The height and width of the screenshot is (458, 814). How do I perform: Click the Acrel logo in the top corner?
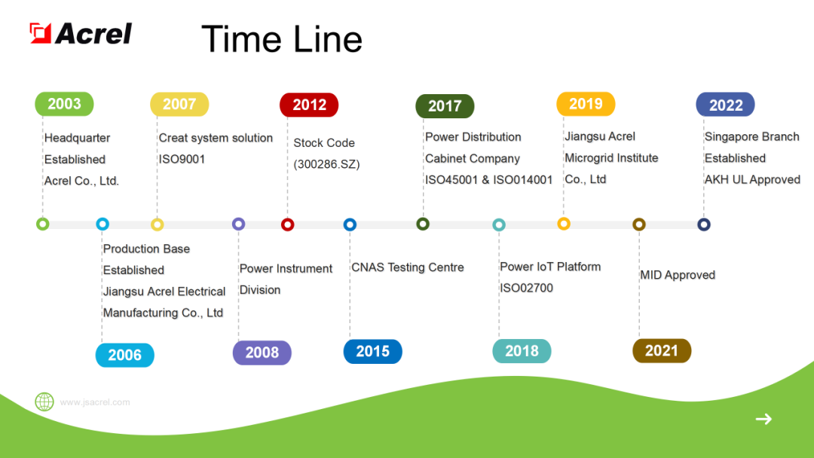pos(81,33)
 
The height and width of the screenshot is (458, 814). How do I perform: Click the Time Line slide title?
pos(282,39)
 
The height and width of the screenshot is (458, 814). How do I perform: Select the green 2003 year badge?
pos(64,104)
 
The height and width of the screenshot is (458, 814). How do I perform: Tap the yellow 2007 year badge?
pos(179,104)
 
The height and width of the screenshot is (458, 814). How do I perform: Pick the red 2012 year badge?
pos(309,105)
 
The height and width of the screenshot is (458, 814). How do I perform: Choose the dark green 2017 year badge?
pos(445,106)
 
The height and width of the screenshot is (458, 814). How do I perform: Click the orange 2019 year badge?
pos(586,104)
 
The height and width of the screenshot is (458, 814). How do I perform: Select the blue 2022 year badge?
pos(725,105)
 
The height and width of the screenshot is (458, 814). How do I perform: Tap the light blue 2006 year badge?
pos(124,355)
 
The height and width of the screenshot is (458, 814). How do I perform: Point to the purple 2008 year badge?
pos(262,353)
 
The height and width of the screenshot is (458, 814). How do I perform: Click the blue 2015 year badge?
pos(372,352)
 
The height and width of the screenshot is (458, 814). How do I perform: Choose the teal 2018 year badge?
pos(522,351)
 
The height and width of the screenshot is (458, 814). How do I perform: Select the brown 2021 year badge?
pos(661,351)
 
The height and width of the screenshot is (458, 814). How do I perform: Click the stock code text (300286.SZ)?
pos(326,164)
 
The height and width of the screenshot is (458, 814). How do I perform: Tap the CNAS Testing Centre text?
pos(407,267)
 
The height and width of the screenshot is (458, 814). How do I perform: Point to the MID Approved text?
pos(677,275)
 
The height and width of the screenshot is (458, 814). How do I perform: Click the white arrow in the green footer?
pos(764,419)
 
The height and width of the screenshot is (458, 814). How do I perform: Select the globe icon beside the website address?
pos(44,402)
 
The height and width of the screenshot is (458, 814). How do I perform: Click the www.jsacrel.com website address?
pos(95,402)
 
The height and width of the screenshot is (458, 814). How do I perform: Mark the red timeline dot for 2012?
pos(287,224)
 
